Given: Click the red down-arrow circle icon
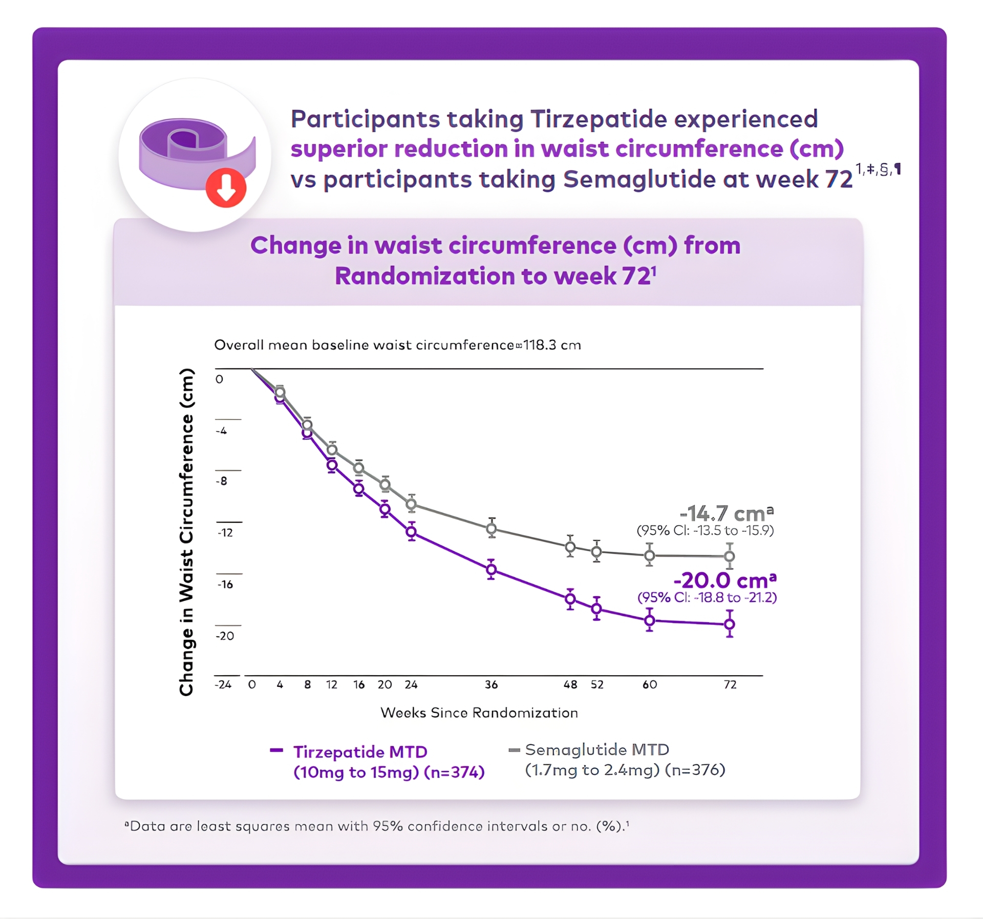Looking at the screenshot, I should (x=226, y=187).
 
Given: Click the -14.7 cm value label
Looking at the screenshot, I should (x=726, y=513).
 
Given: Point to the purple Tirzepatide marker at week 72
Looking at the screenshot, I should (x=730, y=624).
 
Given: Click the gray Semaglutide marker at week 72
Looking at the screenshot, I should (x=730, y=556).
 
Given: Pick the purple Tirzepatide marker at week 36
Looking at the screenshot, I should (x=491, y=569).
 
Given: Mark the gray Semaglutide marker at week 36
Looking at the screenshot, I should (x=491, y=528).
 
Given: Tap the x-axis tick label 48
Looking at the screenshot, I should (x=570, y=684).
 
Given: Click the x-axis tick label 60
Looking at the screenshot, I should (x=649, y=684).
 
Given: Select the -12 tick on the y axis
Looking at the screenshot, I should (x=225, y=533).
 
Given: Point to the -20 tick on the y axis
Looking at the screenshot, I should (x=225, y=636).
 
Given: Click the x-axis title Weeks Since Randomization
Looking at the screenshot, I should (x=479, y=713).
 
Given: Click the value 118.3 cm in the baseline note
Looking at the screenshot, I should (x=552, y=345).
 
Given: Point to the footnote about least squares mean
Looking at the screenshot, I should (x=377, y=826).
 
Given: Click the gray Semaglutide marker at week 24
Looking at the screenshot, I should (x=411, y=504).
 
